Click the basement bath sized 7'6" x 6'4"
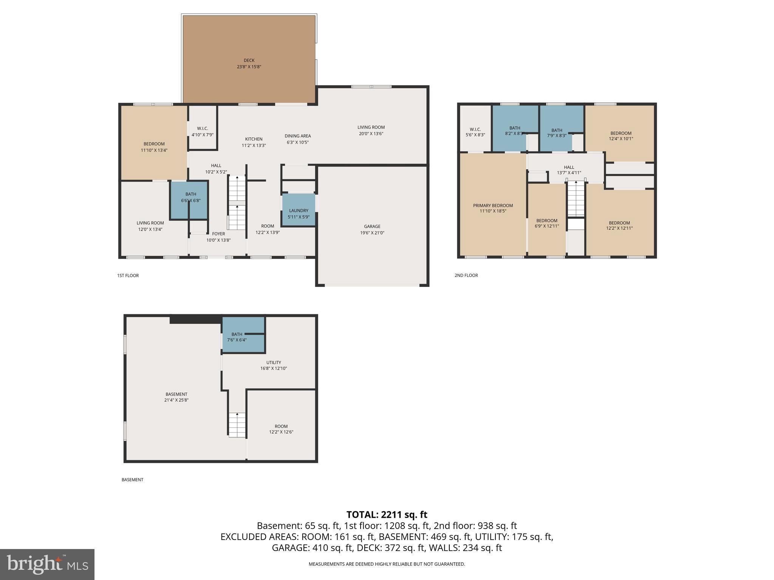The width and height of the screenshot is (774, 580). tap(237, 337)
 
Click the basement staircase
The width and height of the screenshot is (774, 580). tap(237, 425)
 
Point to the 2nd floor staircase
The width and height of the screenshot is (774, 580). tap(576, 198)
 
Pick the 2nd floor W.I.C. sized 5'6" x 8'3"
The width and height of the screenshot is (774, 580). tap(475, 132)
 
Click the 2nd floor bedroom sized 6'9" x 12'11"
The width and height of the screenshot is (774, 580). tap(546, 223)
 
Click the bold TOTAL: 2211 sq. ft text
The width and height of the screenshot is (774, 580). tap(387, 514)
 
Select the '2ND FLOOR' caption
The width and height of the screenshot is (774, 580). tap(466, 275)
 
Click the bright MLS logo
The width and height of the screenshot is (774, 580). tap(47, 564)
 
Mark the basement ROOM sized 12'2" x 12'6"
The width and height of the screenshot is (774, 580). tap(281, 429)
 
